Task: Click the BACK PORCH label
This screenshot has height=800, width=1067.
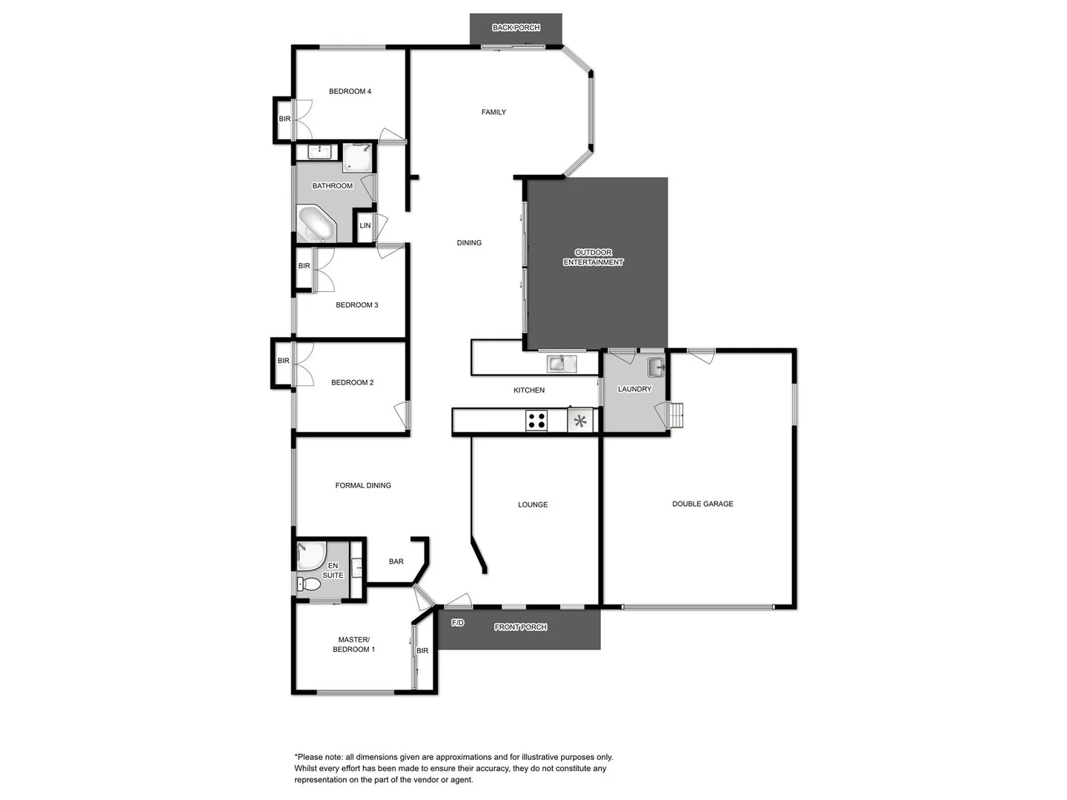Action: point(516,28)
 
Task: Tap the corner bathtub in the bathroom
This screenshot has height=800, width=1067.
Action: point(316,224)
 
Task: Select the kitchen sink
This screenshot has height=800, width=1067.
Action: point(561,363)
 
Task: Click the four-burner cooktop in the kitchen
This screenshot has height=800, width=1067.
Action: point(536,421)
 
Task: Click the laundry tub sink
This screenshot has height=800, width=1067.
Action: point(656,367)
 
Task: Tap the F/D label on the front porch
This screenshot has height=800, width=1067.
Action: point(458,623)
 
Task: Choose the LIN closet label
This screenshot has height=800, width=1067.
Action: point(365,226)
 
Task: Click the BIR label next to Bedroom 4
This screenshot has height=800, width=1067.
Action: point(285,119)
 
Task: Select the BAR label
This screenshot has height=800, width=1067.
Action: point(396,561)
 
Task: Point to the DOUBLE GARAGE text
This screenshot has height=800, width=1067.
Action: point(702,504)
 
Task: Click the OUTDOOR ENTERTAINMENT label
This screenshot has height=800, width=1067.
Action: point(594,257)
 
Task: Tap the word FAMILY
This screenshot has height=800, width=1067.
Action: point(493,113)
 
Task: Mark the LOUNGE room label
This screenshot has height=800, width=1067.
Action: point(533,504)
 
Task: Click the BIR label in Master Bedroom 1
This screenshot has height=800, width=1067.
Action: point(422,651)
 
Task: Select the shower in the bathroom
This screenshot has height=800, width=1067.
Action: point(357,157)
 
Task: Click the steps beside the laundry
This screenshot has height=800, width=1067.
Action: point(677,416)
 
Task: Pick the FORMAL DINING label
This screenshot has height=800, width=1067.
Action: point(363,486)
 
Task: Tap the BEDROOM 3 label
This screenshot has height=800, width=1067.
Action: point(357,305)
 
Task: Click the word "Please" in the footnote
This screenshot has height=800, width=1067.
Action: point(312,757)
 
